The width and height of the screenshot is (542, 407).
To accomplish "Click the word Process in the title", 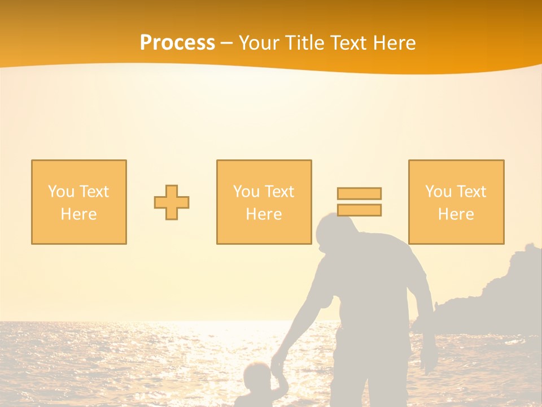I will [x=177, y=43].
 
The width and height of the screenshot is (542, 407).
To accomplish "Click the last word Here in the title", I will [x=395, y=43].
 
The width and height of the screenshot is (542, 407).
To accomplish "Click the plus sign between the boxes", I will [x=172, y=202].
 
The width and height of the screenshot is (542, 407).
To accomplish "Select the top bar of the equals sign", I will [x=359, y=193].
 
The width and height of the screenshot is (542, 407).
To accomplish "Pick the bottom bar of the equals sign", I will [x=359, y=210].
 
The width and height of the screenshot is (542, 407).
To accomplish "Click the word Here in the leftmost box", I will [x=78, y=214].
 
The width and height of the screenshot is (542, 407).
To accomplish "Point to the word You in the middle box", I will [x=246, y=192].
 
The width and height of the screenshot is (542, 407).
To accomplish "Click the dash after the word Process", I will [x=226, y=43].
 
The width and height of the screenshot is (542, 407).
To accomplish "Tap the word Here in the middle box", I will [x=264, y=214].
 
